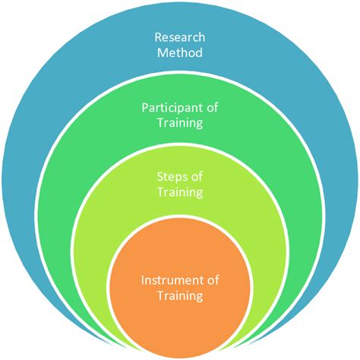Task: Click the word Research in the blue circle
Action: (x=179, y=36)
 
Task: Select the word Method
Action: (x=179, y=53)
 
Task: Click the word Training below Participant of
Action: (x=180, y=122)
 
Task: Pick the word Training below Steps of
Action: (x=180, y=193)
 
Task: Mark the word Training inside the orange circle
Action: (x=180, y=296)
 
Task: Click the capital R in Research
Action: (x=158, y=36)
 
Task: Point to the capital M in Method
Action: (x=161, y=53)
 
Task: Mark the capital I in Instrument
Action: (x=143, y=280)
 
